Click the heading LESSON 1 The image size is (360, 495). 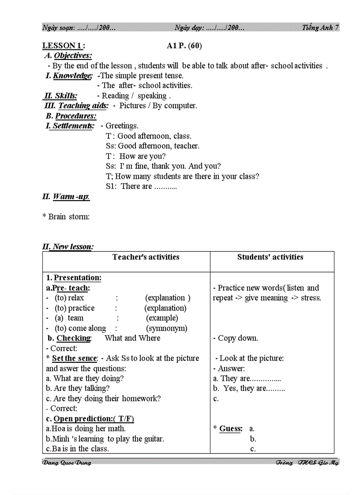click(64, 46)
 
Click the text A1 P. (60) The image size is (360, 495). click(184, 46)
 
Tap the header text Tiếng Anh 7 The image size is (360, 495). click(320, 27)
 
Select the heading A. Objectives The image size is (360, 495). click(68, 56)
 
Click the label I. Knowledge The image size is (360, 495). click(69, 76)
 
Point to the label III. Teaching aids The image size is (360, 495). click(76, 106)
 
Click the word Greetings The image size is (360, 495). click(122, 126)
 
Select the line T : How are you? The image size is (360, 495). click(136, 156)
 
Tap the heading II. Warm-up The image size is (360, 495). click(66, 197)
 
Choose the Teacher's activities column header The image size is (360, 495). click(146, 257)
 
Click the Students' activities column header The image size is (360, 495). click(270, 257)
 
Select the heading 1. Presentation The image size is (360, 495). click(74, 278)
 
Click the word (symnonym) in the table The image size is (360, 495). click(166, 328)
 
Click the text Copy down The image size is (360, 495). click(238, 339)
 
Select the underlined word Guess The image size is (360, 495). click(231, 429)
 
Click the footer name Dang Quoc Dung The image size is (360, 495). click(67, 463)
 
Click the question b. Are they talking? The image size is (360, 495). click(78, 389)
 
